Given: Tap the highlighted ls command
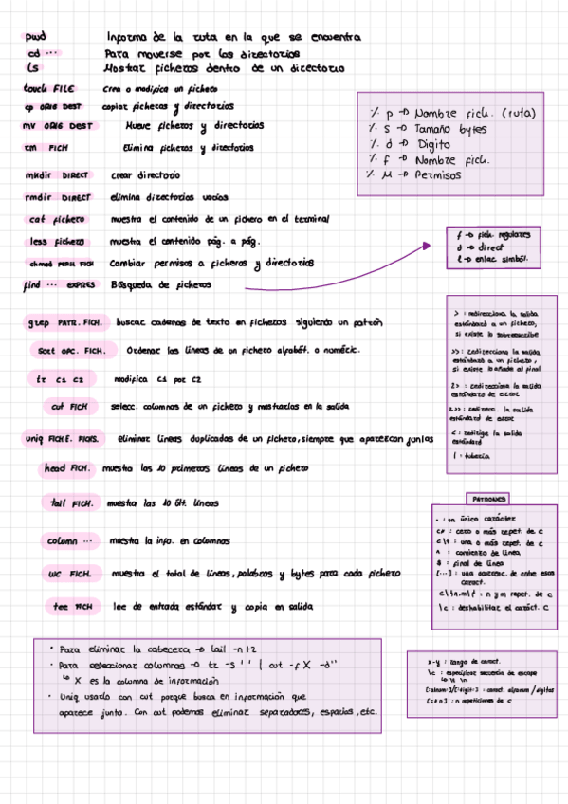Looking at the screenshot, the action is pos(33,68).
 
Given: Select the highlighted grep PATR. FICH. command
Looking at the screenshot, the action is pos(64,323).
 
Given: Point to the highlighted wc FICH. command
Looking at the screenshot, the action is pos(68,575).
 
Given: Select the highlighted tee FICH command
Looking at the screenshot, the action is pos(70,606).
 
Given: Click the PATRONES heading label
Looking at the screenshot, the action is pos(488,499).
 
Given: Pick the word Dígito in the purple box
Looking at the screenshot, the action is pos(432,145).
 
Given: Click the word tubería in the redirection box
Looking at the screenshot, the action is pos(473,456).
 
